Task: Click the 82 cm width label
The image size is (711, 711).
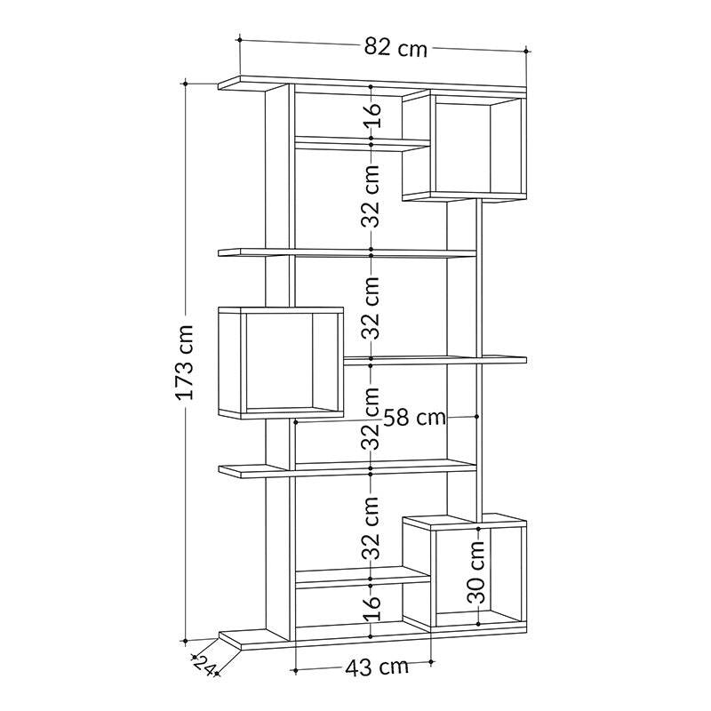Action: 395,48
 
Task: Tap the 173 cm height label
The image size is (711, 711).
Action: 185,362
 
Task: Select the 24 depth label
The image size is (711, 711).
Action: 204,665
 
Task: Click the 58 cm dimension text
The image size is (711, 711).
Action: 415,416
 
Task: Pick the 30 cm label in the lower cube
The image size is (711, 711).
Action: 476,574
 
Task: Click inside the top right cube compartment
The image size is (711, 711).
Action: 461,148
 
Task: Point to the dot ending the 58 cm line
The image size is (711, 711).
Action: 477,416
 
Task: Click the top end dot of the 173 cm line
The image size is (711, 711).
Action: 185,84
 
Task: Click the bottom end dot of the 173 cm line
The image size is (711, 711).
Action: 185,639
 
